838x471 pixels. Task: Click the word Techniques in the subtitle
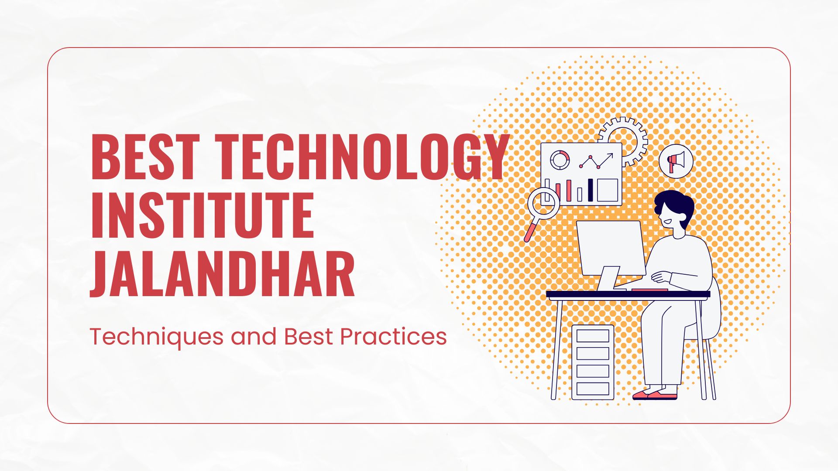pyautogui.click(x=156, y=337)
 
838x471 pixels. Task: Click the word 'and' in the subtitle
pyautogui.click(x=254, y=337)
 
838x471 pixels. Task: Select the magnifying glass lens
pyautogui.click(x=543, y=203)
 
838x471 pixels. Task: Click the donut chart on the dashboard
pyautogui.click(x=560, y=160)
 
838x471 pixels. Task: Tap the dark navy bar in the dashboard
pyautogui.click(x=591, y=190)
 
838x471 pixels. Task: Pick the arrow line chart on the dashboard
pyautogui.click(x=596, y=161)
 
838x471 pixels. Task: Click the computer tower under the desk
pyautogui.click(x=593, y=362)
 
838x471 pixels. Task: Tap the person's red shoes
pyautogui.click(x=655, y=395)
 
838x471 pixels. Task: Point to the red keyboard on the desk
pyautogui.click(x=649, y=290)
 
